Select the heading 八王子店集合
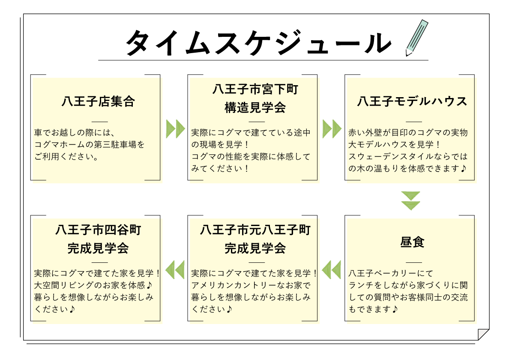point(98,101)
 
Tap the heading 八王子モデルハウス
point(412,101)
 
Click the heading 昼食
point(412,242)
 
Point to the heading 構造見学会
point(255,108)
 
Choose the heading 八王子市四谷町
point(98,230)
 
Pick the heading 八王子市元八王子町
point(255,230)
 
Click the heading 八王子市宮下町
point(255,89)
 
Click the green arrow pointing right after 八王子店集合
point(175,129)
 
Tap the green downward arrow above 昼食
point(411,201)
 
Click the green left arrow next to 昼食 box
point(332,269)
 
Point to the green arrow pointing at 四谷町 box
point(175,269)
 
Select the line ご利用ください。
point(66,156)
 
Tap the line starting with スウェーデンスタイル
point(408,156)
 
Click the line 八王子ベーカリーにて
point(391,273)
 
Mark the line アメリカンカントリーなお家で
point(251,285)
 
